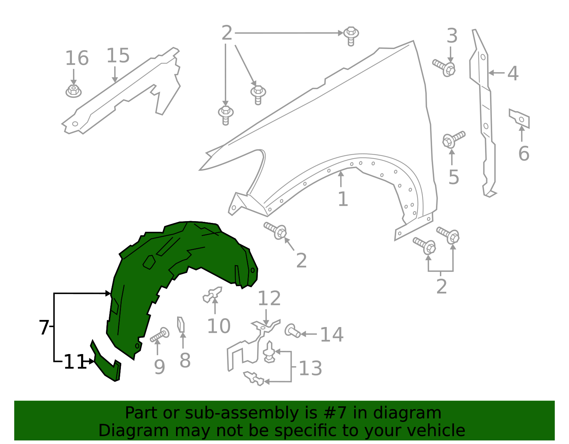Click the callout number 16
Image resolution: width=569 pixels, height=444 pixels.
77,58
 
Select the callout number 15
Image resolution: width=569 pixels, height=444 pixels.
118,56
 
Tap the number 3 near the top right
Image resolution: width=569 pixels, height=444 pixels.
452,36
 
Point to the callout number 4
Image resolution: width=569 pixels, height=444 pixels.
512,74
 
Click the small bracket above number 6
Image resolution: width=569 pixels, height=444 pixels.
520,118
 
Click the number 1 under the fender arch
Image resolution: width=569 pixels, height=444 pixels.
342,199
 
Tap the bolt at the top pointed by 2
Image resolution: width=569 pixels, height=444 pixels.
351,35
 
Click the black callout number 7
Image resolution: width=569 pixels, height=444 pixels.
43,327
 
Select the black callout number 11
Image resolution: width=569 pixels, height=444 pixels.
75,362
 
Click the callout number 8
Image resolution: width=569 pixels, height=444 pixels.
185,360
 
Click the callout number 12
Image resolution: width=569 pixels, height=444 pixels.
269,299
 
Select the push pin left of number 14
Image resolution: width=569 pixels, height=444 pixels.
292,331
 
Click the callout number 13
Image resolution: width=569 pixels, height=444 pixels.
310,368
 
